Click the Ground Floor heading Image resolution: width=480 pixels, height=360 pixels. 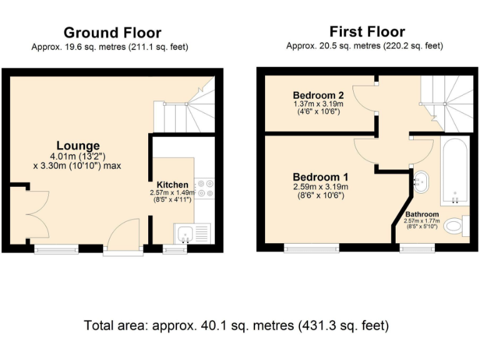click(112, 32)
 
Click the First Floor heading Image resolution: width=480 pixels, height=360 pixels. click(367, 31)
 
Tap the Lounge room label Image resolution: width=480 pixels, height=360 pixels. click(78, 146)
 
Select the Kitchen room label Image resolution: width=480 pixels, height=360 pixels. click(172, 185)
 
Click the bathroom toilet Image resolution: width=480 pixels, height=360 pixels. click(461, 227)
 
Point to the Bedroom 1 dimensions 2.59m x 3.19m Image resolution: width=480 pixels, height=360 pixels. click(321, 187)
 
